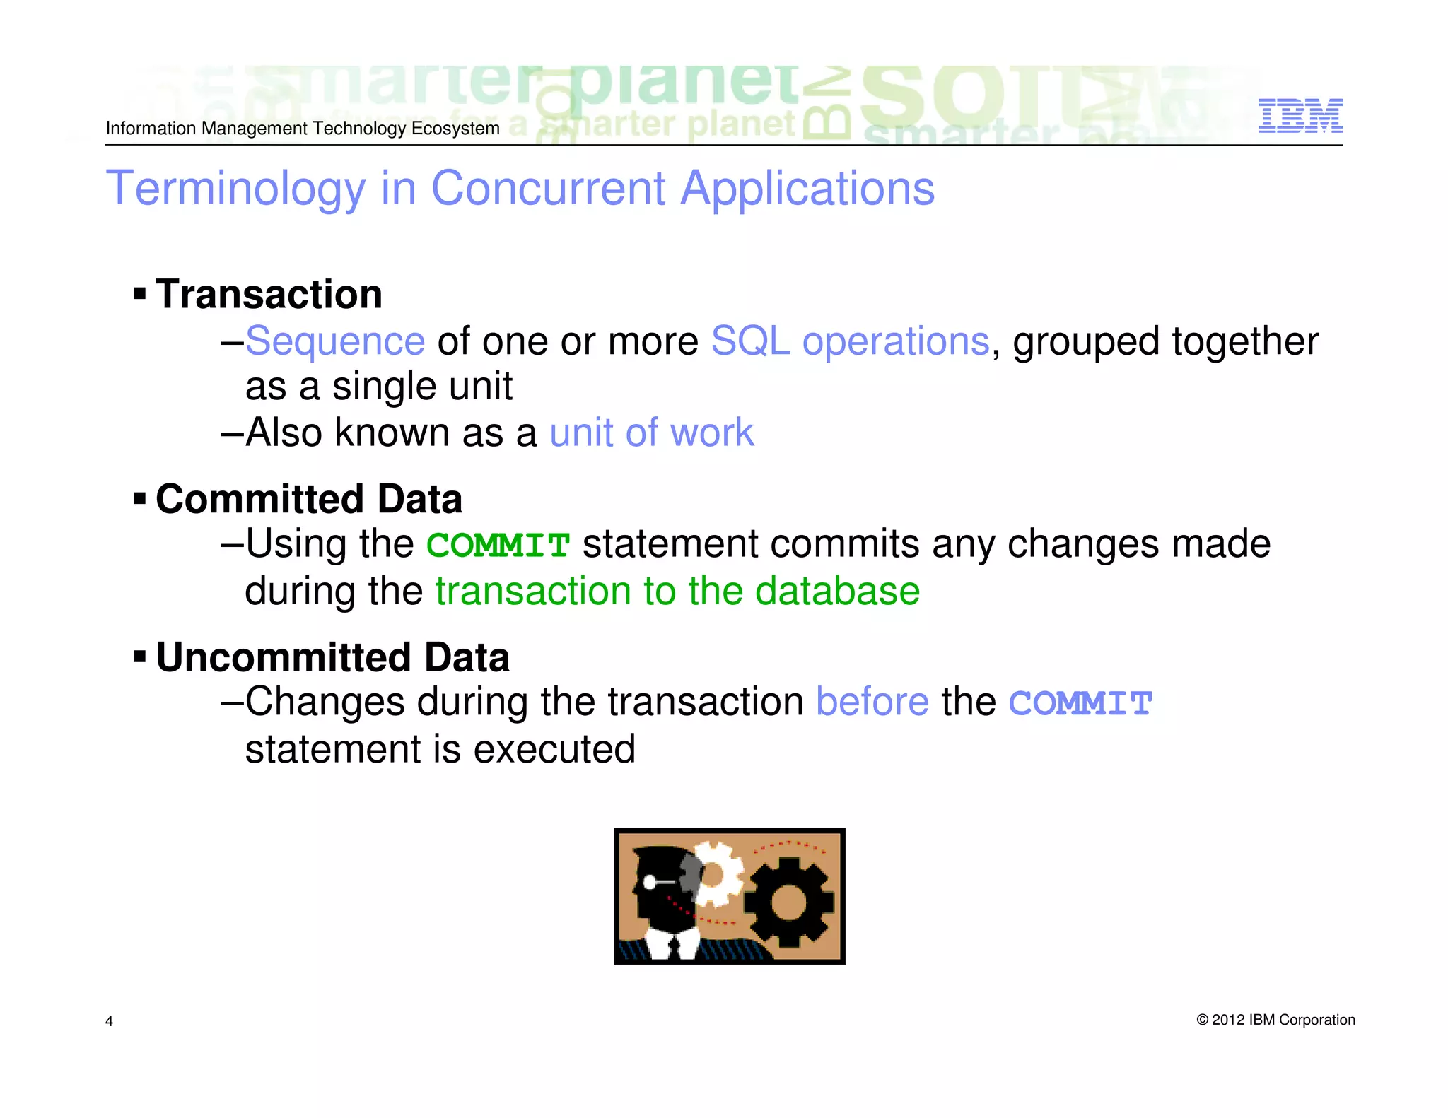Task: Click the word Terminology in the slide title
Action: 235,189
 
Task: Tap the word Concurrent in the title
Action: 548,189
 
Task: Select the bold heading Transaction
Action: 269,294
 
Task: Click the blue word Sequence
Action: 335,341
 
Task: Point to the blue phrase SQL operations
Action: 849,341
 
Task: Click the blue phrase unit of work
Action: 651,433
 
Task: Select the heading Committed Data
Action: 309,499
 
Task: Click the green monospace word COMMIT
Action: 498,546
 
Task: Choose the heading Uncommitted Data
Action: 332,657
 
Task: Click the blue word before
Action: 872,702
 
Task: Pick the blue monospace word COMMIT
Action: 1080,704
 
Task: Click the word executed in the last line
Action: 554,749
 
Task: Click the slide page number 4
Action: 109,1020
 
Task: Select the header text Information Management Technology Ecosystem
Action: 303,129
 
